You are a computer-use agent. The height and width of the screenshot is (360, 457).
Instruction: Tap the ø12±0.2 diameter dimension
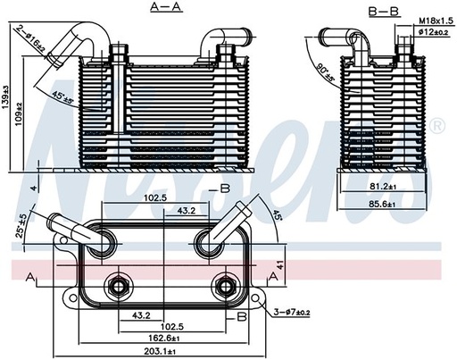click(433, 32)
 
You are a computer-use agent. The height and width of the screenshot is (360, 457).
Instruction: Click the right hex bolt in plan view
click(222, 287)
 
